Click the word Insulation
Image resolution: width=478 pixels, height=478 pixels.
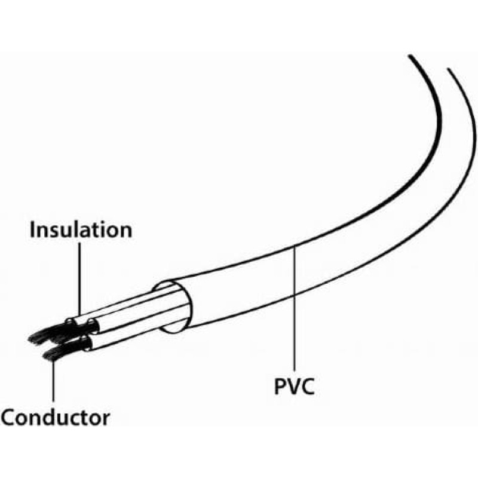(x=81, y=229)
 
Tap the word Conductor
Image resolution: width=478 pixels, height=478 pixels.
(x=56, y=416)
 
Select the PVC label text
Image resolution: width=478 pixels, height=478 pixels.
(x=294, y=387)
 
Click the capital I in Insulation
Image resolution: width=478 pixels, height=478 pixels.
(x=34, y=229)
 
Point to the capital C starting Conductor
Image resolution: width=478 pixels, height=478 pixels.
(x=9, y=416)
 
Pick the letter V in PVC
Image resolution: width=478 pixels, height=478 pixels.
(x=294, y=387)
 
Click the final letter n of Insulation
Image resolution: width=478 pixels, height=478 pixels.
(x=125, y=231)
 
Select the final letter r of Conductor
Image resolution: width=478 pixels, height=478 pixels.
(x=106, y=418)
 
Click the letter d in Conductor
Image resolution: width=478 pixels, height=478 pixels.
(x=49, y=416)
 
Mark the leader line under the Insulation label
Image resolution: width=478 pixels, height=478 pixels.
(x=79, y=275)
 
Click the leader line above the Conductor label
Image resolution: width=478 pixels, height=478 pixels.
(x=54, y=382)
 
